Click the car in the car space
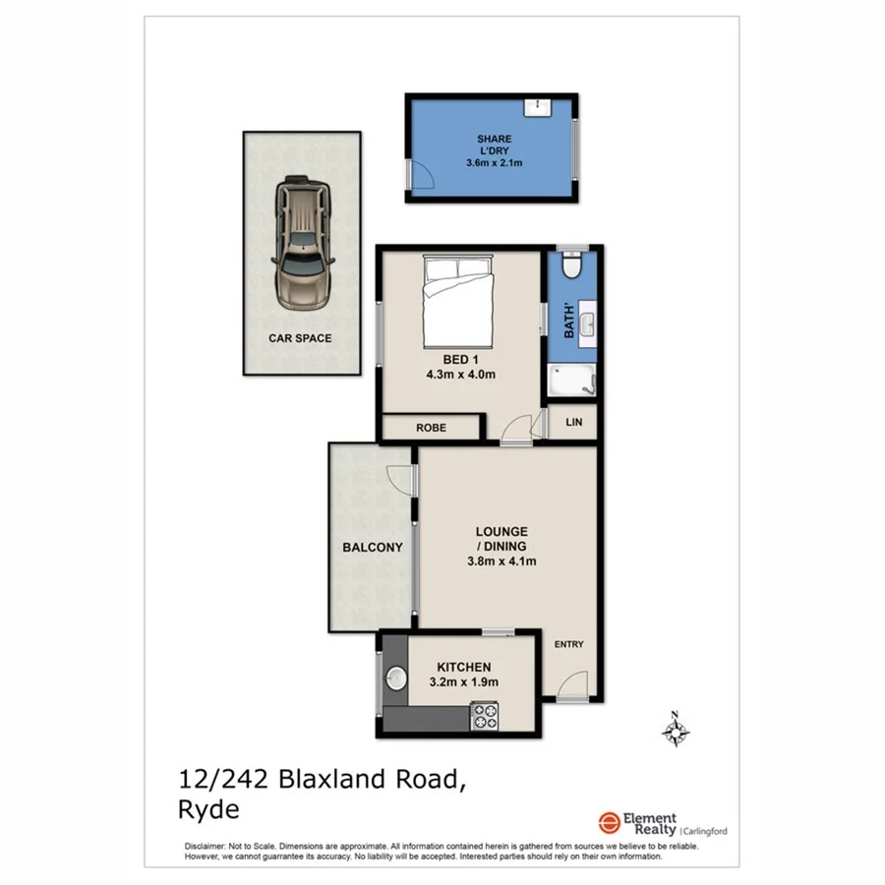(303, 242)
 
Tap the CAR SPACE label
(300, 338)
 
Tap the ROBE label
(430, 429)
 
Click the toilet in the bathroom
(571, 266)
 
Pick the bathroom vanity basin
(586, 324)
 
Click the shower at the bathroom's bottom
(571, 382)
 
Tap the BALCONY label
(373, 548)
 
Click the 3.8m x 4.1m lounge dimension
(502, 561)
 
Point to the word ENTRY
(568, 645)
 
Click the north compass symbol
(676, 730)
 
